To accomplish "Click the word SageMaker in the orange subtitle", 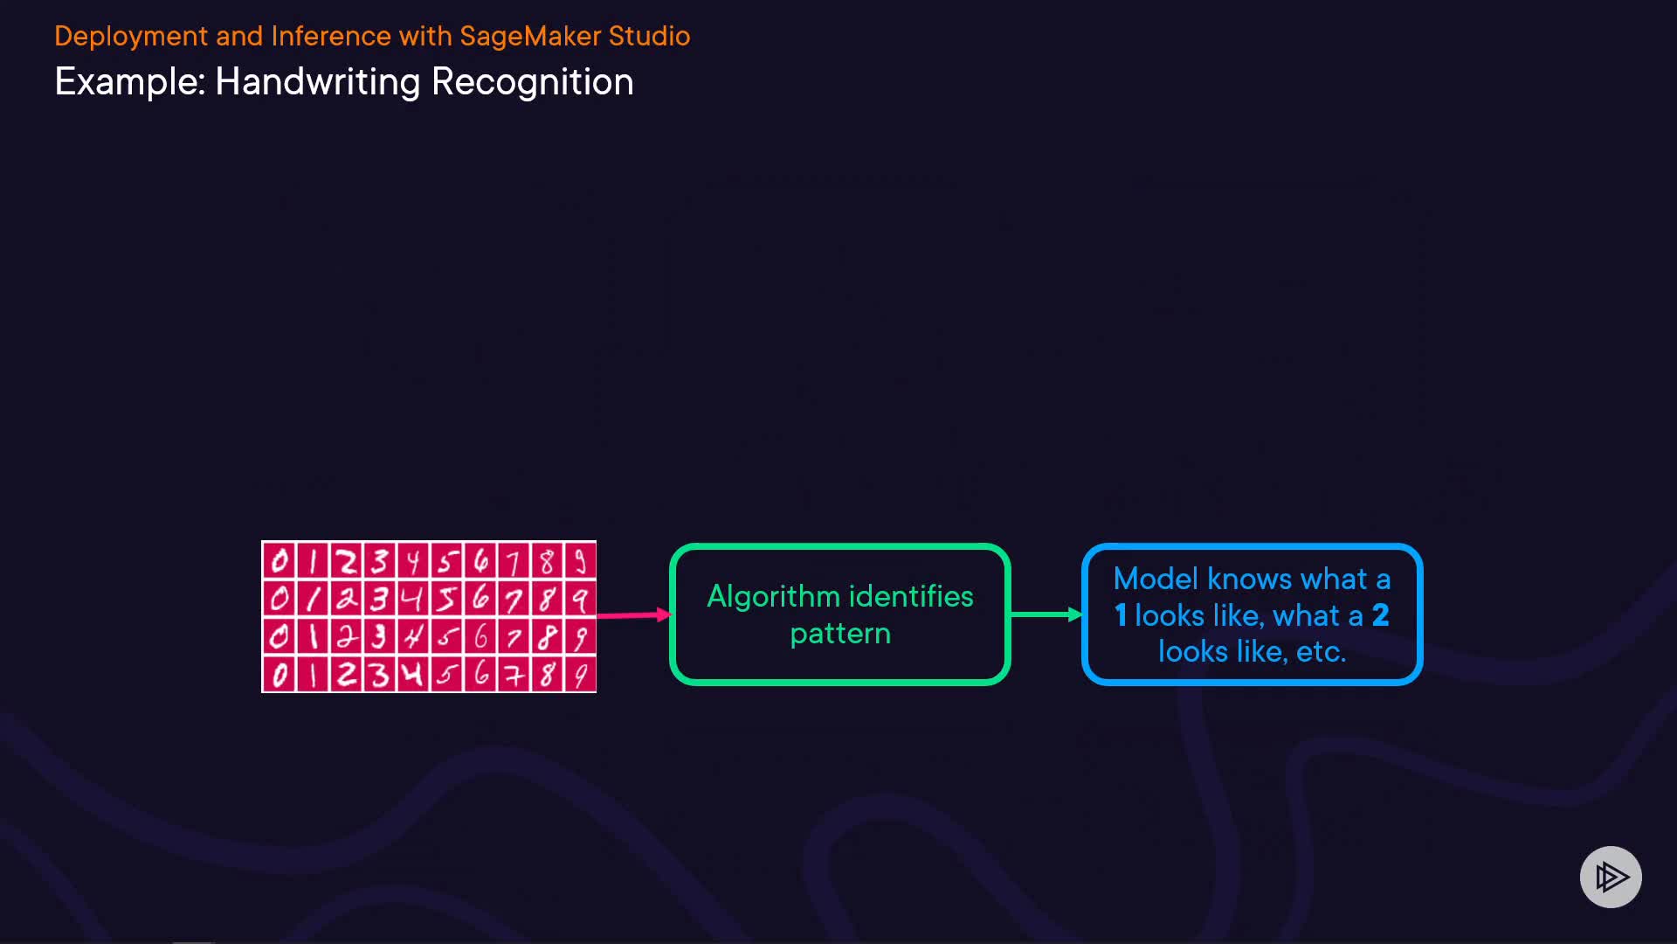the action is (530, 36).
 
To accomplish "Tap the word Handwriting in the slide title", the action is (318, 83).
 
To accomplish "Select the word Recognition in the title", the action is (533, 83).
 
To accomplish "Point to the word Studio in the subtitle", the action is (649, 36).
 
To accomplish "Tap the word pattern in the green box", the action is (840, 635).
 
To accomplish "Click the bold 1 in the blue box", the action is (1121, 615).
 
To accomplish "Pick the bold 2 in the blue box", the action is (1381, 615).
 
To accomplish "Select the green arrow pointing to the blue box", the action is (1046, 614).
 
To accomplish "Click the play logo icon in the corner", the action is (1611, 877).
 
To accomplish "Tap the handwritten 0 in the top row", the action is (279, 560).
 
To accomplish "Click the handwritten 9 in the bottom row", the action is (580, 675).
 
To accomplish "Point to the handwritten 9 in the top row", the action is (580, 560).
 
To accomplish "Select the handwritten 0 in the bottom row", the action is (279, 675).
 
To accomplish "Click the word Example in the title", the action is (129, 83).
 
